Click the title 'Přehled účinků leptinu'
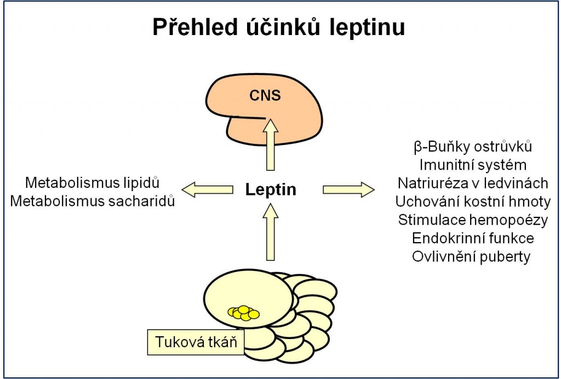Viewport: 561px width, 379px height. click(279, 27)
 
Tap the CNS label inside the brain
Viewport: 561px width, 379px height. click(265, 95)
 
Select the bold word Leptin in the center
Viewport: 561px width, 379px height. click(271, 190)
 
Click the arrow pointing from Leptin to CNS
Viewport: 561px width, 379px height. click(271, 145)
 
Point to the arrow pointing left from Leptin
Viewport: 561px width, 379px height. click(208, 190)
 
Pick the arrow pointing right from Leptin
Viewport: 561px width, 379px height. click(349, 190)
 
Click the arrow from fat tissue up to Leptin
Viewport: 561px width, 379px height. click(271, 232)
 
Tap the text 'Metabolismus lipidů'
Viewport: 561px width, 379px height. click(92, 183)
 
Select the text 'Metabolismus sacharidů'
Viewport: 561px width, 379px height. click(92, 201)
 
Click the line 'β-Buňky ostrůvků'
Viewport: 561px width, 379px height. click(473, 147)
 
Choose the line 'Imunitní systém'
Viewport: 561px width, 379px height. click(473, 165)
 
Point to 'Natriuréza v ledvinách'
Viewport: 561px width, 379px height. click(473, 183)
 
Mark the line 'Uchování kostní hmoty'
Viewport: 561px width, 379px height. click(473, 202)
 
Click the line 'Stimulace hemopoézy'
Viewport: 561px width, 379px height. click(473, 220)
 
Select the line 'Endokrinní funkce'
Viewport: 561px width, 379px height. click(473, 238)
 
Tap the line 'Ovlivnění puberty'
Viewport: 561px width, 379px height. click(471, 257)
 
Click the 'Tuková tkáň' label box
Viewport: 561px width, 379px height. click(196, 342)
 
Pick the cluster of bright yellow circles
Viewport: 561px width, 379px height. click(244, 313)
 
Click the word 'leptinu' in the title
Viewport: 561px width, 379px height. click(367, 27)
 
